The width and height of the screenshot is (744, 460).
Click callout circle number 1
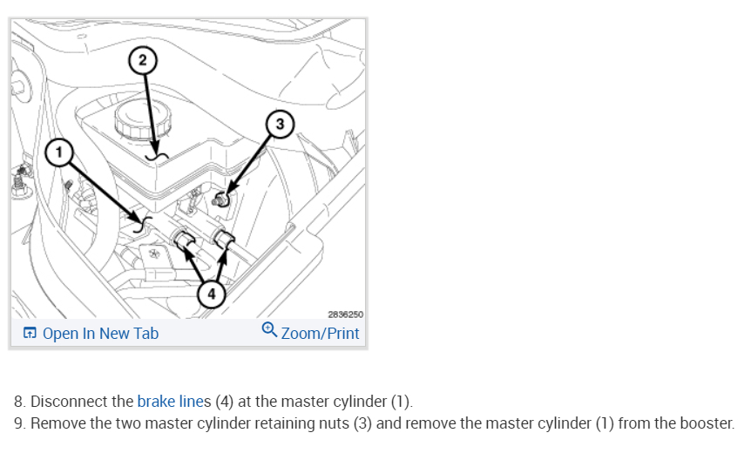point(58,152)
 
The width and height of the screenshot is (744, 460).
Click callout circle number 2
point(143,60)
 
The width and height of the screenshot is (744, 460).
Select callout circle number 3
point(279,124)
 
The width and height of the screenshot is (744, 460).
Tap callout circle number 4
point(208,294)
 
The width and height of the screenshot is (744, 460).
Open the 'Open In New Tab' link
point(100,333)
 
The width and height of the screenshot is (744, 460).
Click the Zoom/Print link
point(320,333)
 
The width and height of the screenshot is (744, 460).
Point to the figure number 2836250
point(345,314)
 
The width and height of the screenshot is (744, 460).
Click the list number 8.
point(18,402)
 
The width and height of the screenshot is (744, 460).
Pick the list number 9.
point(18,423)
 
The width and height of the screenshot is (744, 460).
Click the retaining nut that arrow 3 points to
point(222,200)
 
